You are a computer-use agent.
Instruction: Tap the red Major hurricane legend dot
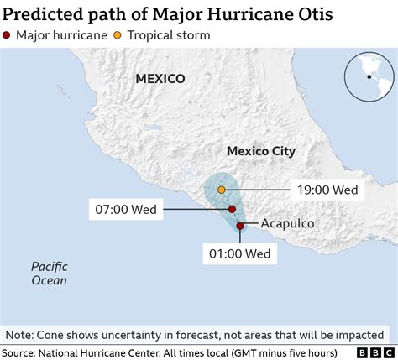point(8,35)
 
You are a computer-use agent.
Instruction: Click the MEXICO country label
point(160,78)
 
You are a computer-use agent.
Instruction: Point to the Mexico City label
point(261,151)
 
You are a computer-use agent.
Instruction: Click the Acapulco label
point(287,224)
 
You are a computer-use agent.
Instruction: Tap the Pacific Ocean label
point(50,274)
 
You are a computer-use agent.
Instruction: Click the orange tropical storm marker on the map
point(222,190)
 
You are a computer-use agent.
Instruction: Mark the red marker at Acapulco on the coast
point(240,226)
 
